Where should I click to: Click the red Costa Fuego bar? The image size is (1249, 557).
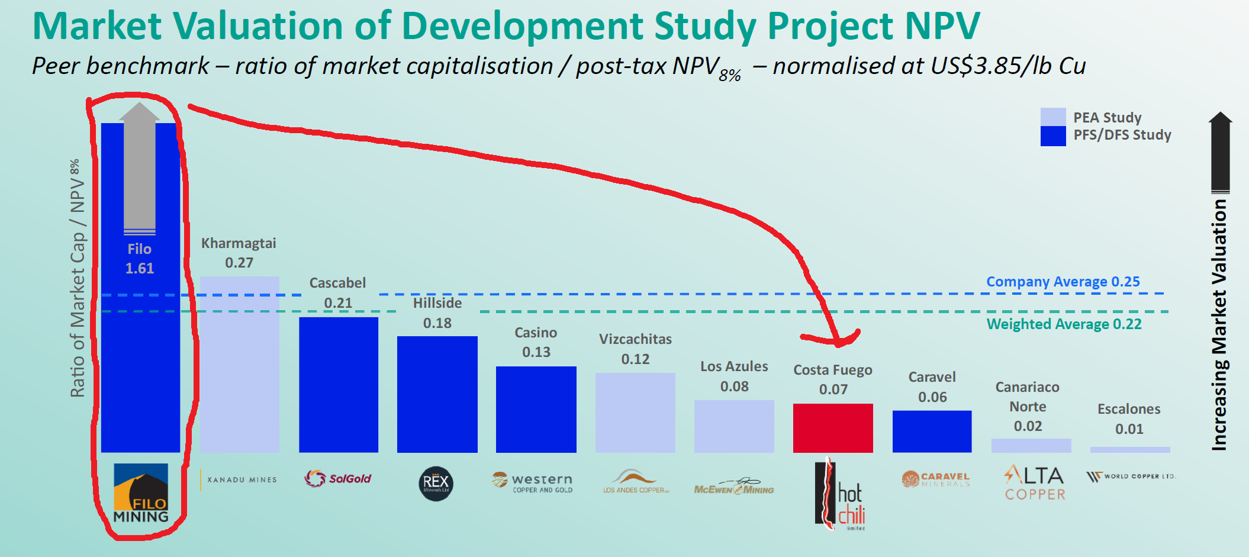pos(833,428)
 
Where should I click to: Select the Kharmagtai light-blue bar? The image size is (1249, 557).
pos(239,364)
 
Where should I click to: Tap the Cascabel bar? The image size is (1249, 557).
pos(338,385)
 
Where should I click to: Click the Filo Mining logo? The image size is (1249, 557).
pos(141,493)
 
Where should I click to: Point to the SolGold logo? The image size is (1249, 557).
pos(337,478)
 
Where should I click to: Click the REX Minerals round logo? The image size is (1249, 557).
pos(436,484)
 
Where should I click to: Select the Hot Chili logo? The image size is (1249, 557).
pos(841,494)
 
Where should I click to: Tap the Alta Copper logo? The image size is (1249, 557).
pos(1034,483)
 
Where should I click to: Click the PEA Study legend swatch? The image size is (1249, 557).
pos(1052,117)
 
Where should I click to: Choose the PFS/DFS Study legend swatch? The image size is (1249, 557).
pos(1052,136)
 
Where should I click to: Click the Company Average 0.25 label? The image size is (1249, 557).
pos(1063,282)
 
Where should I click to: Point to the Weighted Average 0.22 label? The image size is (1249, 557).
pos(1064,324)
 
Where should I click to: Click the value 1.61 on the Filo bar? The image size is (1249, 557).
pos(140,269)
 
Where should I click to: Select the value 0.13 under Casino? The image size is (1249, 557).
pos(536,352)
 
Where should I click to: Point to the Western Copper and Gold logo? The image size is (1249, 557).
pos(533,482)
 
